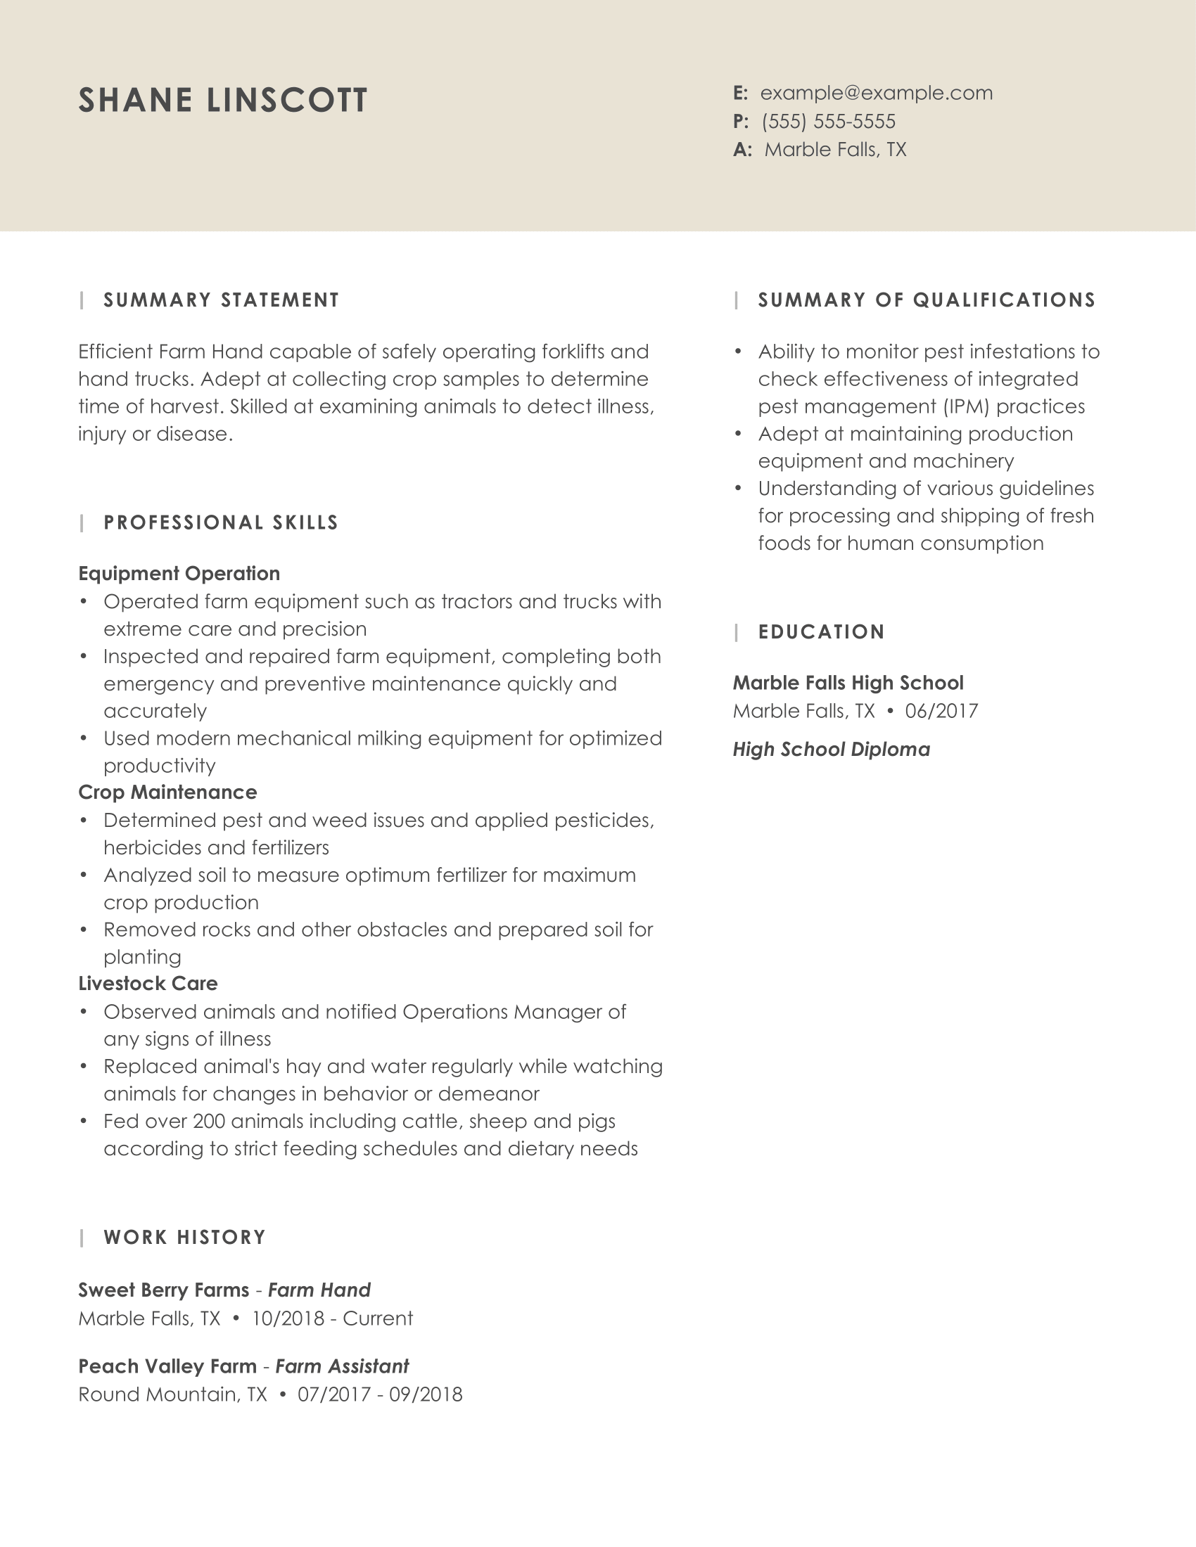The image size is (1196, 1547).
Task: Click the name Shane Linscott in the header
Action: point(222,100)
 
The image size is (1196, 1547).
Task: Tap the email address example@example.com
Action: point(876,93)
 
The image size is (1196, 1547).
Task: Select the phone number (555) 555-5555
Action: point(828,121)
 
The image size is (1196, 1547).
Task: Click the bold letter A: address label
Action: point(742,150)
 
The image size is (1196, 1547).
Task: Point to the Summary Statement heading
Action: point(221,300)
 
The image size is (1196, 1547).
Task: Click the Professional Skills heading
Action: point(221,522)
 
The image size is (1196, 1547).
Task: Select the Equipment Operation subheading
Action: point(179,573)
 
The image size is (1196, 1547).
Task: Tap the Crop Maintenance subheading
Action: point(167,792)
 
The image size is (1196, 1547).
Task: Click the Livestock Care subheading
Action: point(147,983)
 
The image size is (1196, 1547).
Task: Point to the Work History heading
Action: point(184,1238)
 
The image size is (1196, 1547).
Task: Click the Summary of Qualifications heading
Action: point(927,300)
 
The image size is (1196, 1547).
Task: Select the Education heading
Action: point(821,632)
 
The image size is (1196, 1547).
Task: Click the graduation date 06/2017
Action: point(941,710)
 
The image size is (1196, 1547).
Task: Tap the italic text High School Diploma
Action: point(831,750)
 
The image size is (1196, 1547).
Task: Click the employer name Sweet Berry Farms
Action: point(164,1290)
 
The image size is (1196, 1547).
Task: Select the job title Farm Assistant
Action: point(341,1366)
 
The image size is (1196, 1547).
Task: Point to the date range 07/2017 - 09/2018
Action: point(380,1394)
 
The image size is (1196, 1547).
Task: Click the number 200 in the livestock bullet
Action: point(209,1122)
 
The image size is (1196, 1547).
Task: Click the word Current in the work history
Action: point(378,1318)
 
